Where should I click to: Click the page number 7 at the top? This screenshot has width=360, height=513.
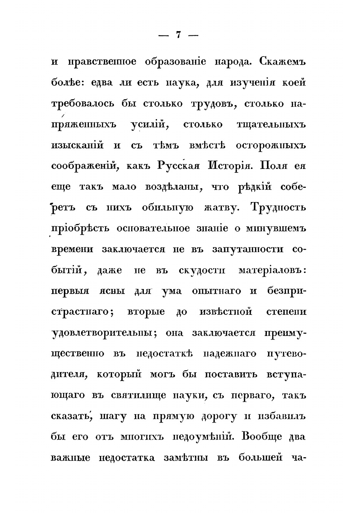[x=178, y=35]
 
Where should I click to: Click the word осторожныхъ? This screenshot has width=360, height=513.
[x=271, y=145]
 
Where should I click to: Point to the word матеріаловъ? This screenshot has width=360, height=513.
[x=272, y=270]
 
